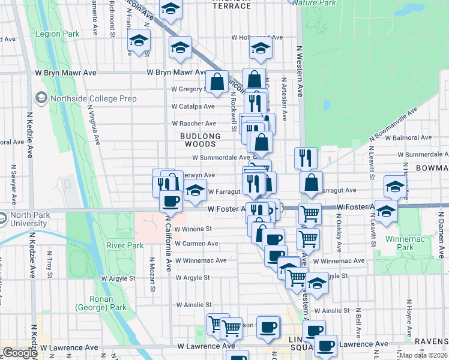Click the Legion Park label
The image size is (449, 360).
[57, 34]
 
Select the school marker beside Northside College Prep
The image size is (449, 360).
[41, 97]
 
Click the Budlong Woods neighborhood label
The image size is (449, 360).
[200, 140]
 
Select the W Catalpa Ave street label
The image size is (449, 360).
[193, 106]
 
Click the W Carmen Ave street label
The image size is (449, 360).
[197, 244]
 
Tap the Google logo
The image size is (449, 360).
[20, 353]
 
